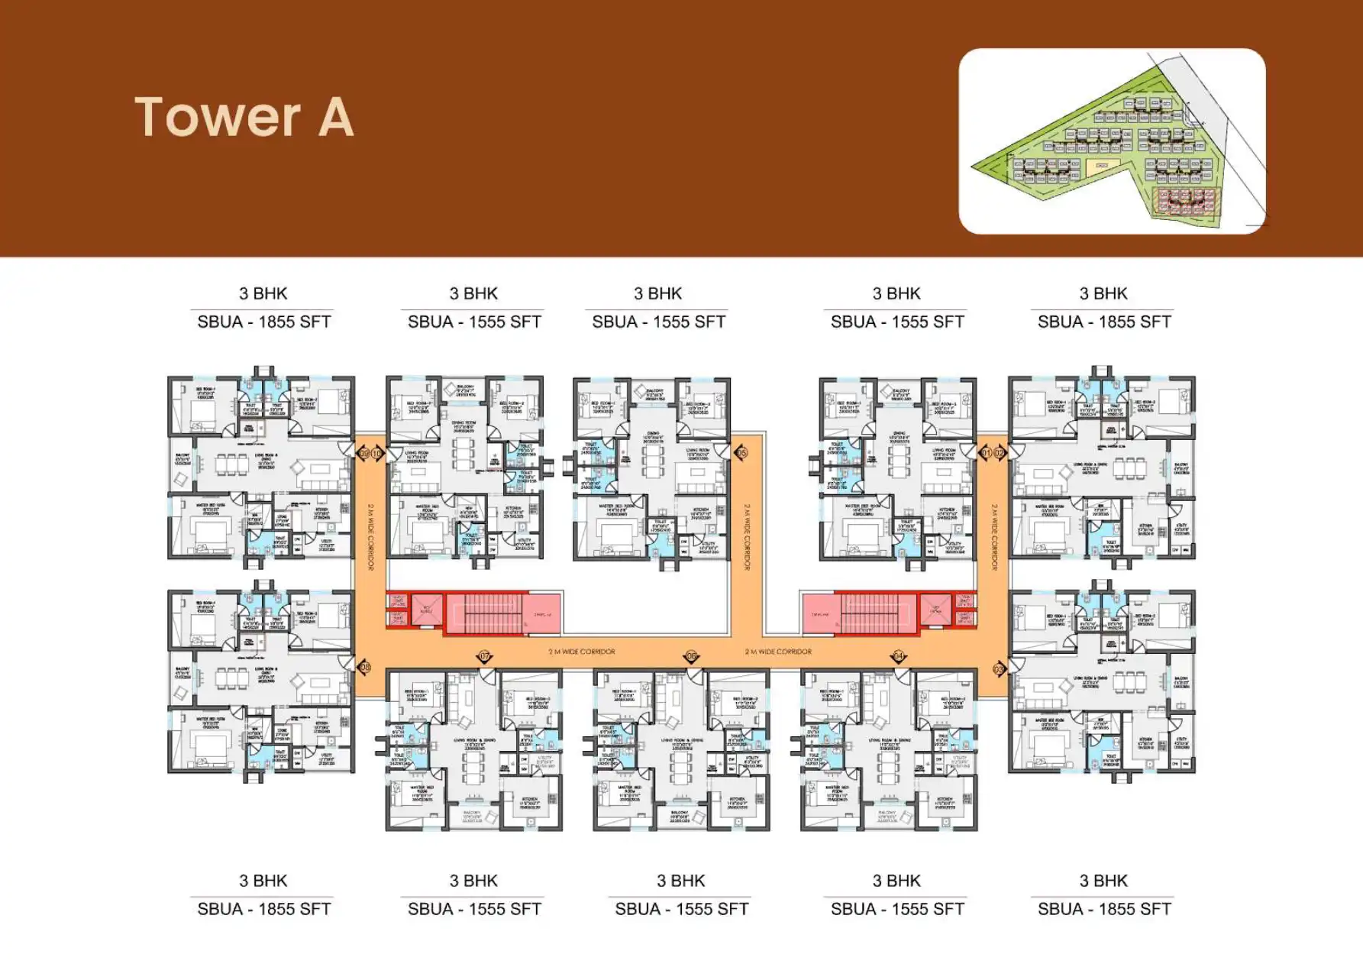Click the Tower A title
244,117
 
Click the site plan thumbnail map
1112,141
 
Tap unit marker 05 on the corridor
741,453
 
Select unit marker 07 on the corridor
484,656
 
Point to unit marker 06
692,656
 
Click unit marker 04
899,656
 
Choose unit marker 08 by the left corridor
365,668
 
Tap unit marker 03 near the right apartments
998,669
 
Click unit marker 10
376,454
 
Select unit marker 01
986,453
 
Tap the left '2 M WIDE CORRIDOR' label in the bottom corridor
581,652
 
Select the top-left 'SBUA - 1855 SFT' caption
264,322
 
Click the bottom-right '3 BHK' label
1103,881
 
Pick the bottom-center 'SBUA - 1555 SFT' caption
681,909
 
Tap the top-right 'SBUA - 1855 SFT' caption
1104,322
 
